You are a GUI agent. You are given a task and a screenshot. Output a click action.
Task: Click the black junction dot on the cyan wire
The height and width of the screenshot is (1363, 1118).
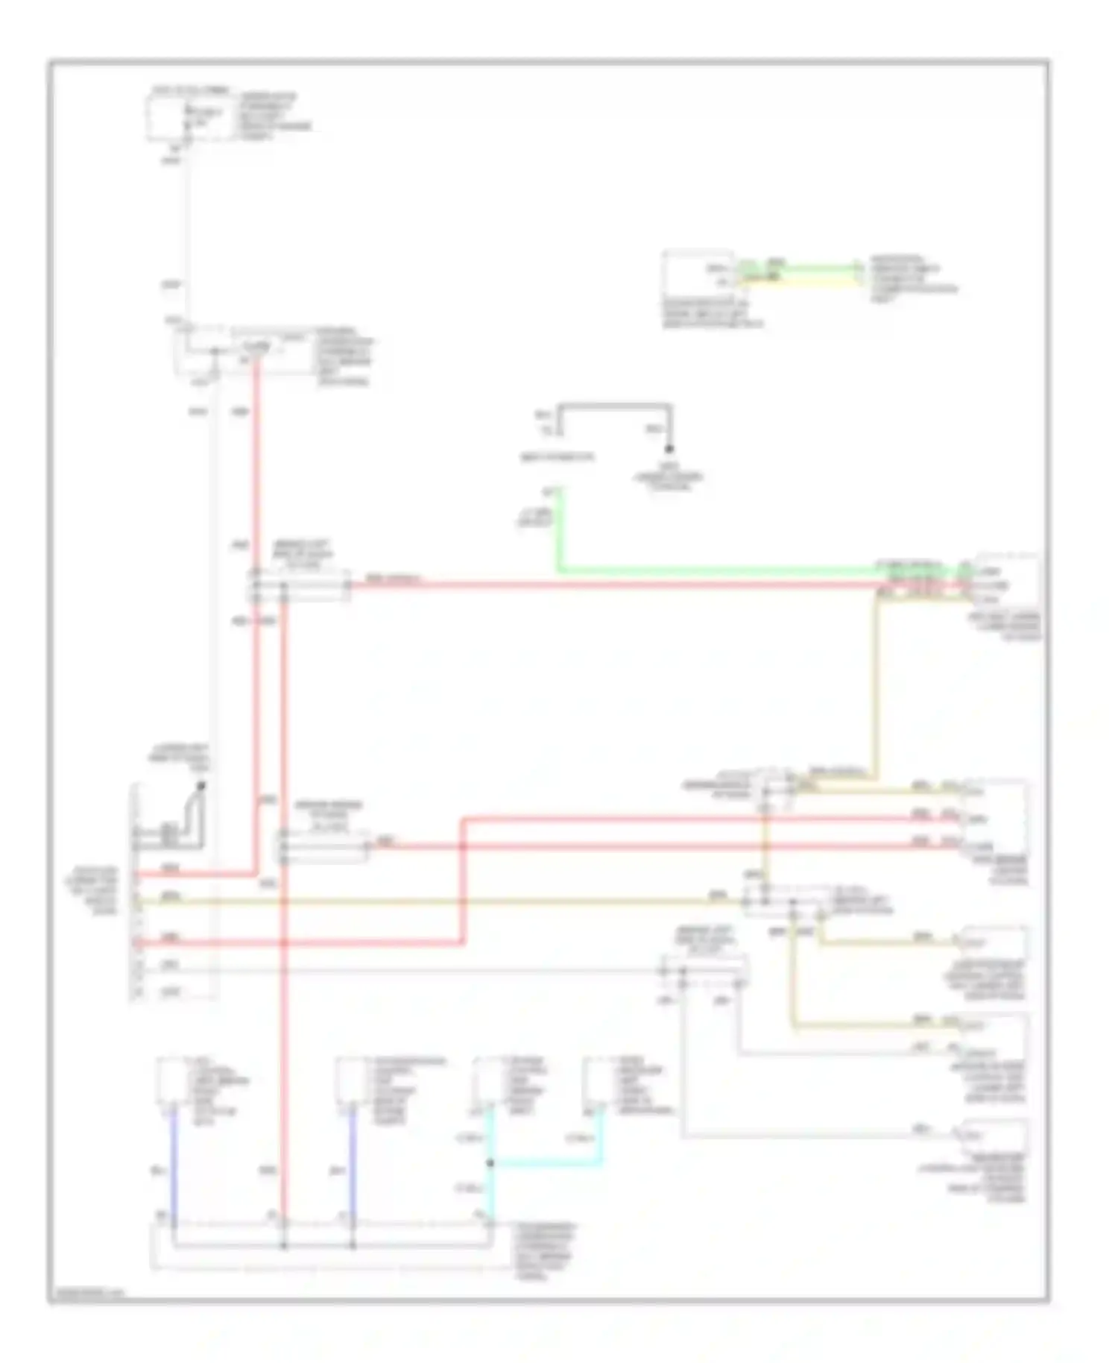(x=490, y=1162)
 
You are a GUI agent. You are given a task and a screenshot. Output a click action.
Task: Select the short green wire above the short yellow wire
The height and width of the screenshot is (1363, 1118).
(x=798, y=267)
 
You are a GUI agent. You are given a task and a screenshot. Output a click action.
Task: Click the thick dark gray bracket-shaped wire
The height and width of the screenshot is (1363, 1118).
(x=615, y=406)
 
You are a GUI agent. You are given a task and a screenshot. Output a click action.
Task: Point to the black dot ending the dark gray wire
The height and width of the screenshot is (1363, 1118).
(x=669, y=449)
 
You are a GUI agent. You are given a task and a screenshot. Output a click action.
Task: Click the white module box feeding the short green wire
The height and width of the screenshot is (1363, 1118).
(x=698, y=274)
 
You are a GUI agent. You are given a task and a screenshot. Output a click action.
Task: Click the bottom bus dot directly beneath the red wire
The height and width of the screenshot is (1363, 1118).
(x=284, y=1245)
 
